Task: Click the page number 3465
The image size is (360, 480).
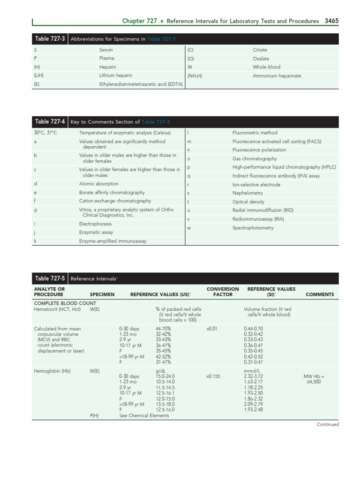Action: tap(331, 21)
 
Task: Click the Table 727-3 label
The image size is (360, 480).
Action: tap(50, 39)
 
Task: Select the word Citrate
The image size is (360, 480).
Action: tap(260, 50)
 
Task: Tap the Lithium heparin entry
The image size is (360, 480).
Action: tap(115, 75)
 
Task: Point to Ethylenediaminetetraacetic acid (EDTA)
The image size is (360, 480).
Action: tap(141, 84)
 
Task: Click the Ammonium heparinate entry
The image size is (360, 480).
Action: tap(277, 76)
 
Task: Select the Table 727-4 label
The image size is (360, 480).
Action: tap(50, 122)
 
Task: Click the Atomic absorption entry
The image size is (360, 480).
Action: tap(98, 184)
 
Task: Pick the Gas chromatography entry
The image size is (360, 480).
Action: tap(255, 158)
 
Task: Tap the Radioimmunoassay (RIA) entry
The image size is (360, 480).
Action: tap(258, 219)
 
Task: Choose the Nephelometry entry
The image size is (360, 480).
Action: tap(247, 193)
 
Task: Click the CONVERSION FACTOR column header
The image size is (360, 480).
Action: tap(223, 292)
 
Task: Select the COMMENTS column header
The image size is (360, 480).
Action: tap(320, 295)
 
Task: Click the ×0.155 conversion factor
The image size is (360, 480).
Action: tap(212, 376)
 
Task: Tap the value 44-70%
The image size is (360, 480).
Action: tap(163, 329)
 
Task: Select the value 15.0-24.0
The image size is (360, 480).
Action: tap(165, 376)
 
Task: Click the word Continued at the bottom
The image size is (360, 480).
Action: tap(327, 425)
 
